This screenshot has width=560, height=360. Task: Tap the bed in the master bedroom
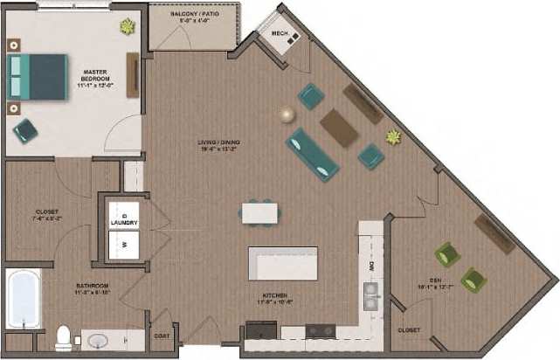(x=38, y=78)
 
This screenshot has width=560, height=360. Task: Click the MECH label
(x=280, y=34)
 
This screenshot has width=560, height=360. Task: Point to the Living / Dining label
(x=218, y=145)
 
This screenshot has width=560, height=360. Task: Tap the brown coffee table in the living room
(x=339, y=127)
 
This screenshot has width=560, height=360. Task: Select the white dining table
(x=259, y=211)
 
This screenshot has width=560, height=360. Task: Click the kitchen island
(x=282, y=262)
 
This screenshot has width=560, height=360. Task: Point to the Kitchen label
(x=274, y=298)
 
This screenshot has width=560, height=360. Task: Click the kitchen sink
(x=370, y=294)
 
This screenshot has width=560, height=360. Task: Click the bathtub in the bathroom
(x=23, y=298)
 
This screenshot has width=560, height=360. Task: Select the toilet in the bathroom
(x=63, y=338)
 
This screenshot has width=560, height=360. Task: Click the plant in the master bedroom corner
(x=128, y=27)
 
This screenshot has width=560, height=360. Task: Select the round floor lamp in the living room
(x=286, y=113)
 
